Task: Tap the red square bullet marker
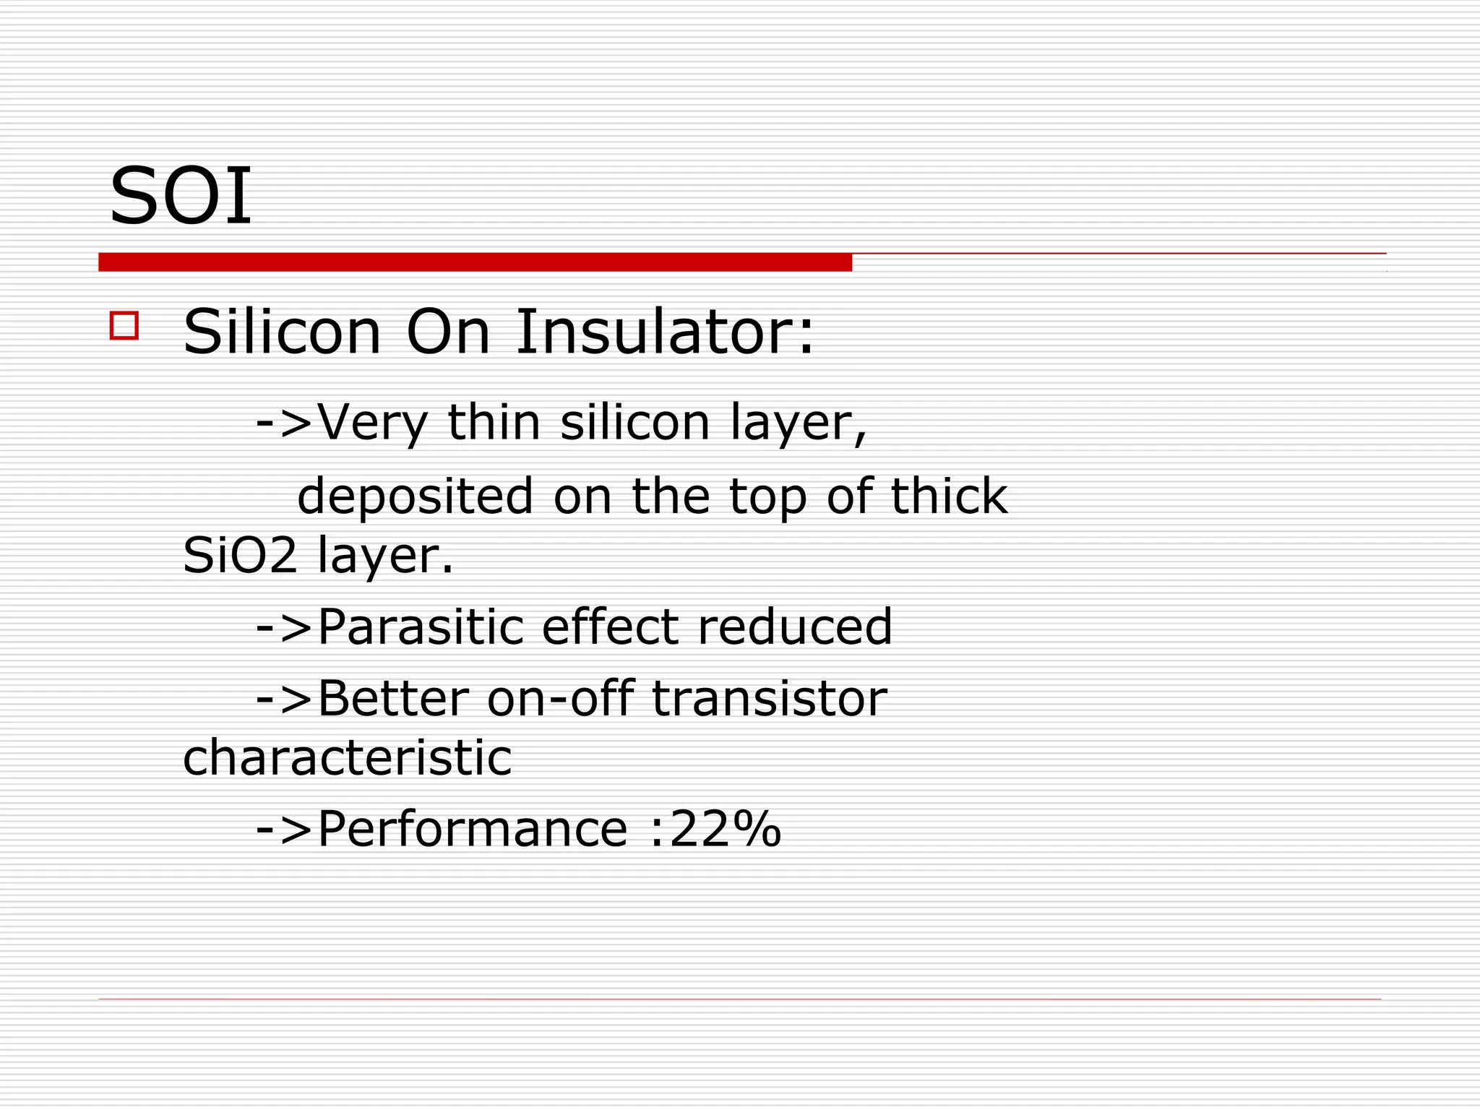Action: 124,325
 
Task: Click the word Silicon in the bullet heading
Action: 282,332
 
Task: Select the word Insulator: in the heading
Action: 665,332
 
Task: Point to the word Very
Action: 373,423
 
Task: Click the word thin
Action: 494,422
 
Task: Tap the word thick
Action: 949,496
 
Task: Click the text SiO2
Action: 239,556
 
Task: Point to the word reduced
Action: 795,627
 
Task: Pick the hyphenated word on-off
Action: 561,699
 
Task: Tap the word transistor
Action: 770,699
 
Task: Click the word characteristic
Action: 348,758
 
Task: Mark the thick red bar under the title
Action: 475,262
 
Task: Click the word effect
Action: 611,627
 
